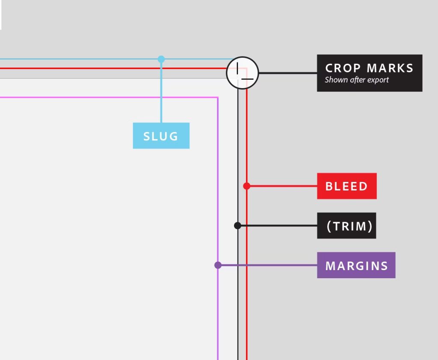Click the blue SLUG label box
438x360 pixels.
161,136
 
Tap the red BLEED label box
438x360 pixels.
346,186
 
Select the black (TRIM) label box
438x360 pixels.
346,226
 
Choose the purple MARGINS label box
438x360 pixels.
356,265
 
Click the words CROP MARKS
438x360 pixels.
369,68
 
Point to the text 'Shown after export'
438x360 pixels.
357,80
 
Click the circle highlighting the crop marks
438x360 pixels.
242,73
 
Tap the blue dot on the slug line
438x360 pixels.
161,59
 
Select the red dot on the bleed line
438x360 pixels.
246,186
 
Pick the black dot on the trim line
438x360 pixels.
238,226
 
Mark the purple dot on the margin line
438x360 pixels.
218,265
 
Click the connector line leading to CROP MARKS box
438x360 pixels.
287,73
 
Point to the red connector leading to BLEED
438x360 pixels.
282,186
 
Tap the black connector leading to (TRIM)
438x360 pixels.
278,226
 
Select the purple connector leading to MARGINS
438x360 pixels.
267,265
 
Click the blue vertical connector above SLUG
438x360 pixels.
161,92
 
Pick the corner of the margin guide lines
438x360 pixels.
218,98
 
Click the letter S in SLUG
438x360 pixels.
147,137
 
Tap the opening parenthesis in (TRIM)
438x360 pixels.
329,226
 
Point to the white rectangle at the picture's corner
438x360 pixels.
1,15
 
